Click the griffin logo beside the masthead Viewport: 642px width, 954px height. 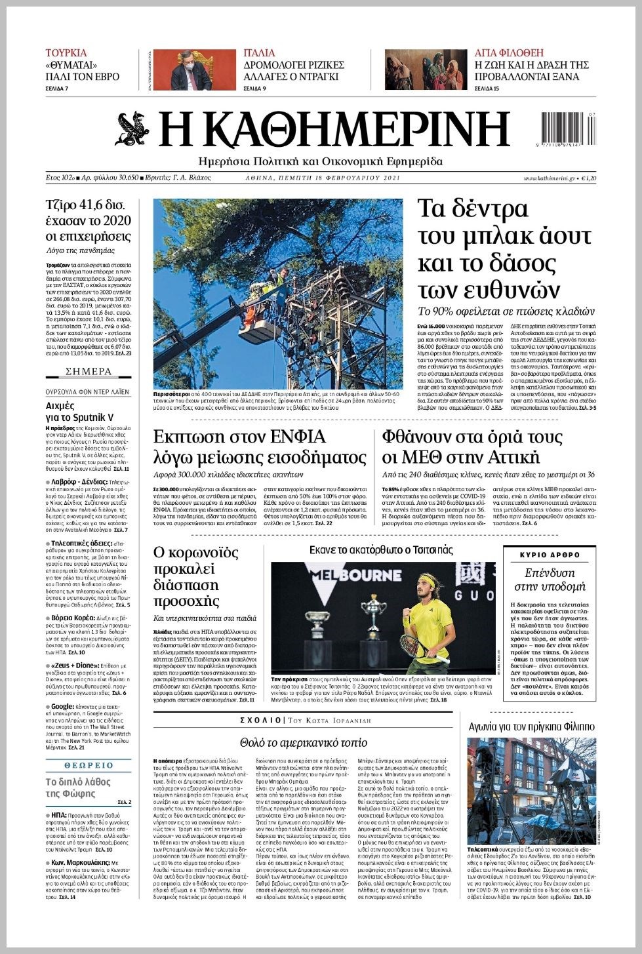click(133, 129)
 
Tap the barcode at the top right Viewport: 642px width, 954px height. click(569, 127)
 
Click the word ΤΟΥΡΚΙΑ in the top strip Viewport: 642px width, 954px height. click(66, 53)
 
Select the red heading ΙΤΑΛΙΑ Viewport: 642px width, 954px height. click(260, 53)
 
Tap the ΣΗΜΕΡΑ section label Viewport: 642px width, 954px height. click(89, 372)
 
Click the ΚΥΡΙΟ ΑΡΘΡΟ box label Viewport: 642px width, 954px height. click(550, 555)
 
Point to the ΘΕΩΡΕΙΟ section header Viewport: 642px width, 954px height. click(89, 765)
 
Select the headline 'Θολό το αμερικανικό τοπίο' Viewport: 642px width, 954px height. click(304, 743)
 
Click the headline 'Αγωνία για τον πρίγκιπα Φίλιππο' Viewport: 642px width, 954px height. click(532, 726)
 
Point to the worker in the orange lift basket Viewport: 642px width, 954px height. click(249, 311)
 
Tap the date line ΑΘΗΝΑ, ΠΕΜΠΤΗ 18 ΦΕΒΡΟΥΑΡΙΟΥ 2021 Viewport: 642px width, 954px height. click(323, 178)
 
